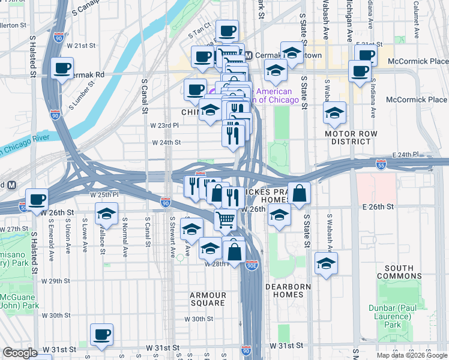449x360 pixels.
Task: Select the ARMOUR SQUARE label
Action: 208,299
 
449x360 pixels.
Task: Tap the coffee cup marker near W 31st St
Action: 101,335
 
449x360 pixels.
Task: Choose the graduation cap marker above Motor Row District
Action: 334,112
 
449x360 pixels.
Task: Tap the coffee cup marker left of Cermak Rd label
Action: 62,68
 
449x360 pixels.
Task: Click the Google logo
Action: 20,353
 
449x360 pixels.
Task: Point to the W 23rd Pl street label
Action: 165,125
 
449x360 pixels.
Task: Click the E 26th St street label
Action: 377,206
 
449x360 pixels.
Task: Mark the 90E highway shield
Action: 252,265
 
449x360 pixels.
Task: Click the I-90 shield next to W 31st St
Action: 246,349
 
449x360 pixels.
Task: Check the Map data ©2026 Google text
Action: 412,355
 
